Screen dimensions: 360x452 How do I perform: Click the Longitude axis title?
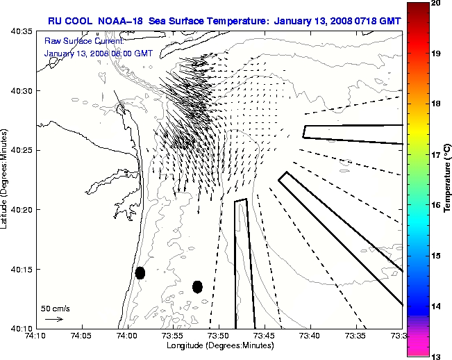[219, 345]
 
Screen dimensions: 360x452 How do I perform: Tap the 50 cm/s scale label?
[56, 308]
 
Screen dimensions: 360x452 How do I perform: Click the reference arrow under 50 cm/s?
[53, 319]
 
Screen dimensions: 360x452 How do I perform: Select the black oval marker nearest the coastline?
[140, 272]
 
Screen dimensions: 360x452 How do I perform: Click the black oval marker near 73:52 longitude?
[197, 286]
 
